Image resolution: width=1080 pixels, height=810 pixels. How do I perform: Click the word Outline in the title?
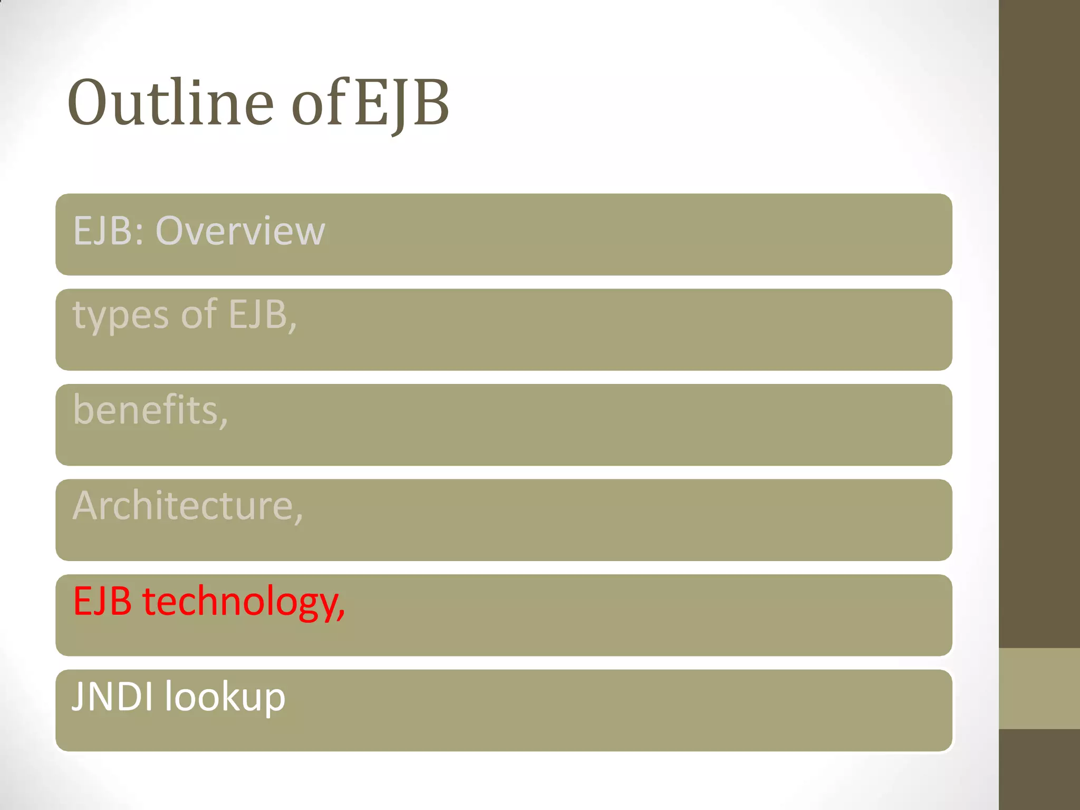(x=170, y=103)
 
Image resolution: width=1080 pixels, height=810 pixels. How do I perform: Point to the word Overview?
(x=240, y=231)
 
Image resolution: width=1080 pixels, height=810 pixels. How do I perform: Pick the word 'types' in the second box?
(x=121, y=315)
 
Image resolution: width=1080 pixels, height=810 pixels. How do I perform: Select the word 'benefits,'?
(x=151, y=410)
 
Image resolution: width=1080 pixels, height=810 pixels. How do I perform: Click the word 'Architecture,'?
(x=188, y=506)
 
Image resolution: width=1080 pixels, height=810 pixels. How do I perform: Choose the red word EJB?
(x=102, y=601)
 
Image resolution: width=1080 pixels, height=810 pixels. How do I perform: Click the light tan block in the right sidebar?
(x=1039, y=689)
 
